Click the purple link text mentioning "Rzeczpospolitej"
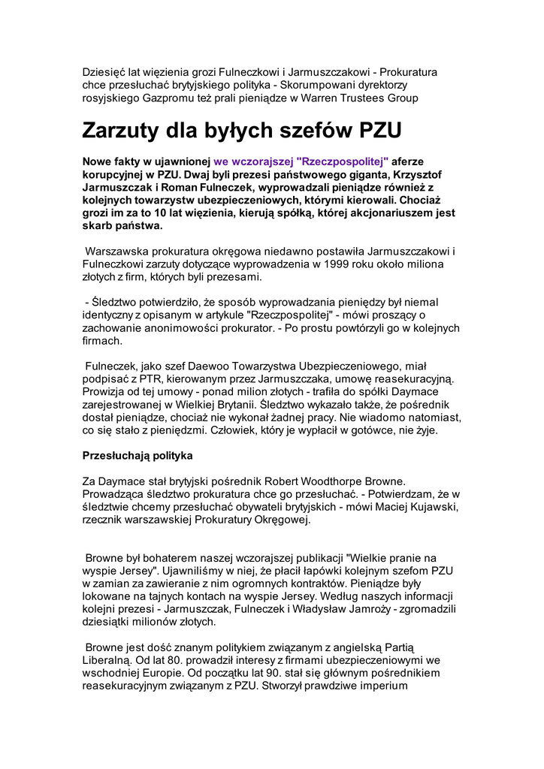(x=301, y=161)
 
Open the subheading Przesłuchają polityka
(x=138, y=456)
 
